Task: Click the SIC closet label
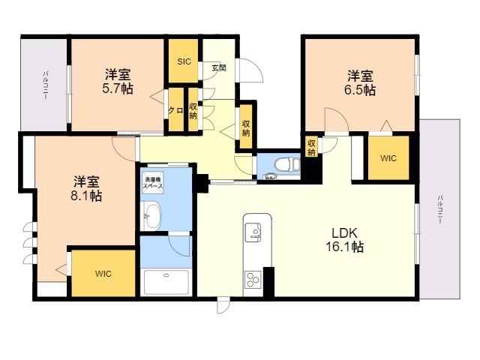tap(184, 61)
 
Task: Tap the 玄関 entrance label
tap(218, 68)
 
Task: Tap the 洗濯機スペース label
tap(153, 181)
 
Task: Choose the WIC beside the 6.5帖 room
tap(388, 158)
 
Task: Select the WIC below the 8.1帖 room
tap(103, 274)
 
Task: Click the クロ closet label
tap(176, 110)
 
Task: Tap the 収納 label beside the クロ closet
tap(193, 110)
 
